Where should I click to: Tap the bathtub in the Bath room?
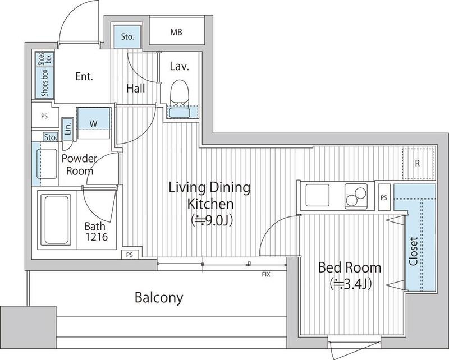pyautogui.click(x=56, y=220)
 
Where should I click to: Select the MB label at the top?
pyautogui.click(x=176, y=32)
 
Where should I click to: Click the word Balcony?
pyautogui.click(x=159, y=298)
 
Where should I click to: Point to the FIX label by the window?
pyautogui.click(x=266, y=275)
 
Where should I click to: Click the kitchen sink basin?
pyautogui.click(x=318, y=195)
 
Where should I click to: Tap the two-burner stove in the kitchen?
pyautogui.click(x=356, y=195)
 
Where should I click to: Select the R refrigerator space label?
pyautogui.click(x=417, y=163)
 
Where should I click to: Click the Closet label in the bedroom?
pyautogui.click(x=413, y=251)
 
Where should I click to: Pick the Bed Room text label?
pyautogui.click(x=350, y=267)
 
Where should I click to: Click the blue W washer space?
pyautogui.click(x=94, y=119)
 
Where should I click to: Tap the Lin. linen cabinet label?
pyautogui.click(x=68, y=128)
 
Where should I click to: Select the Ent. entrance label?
pyautogui.click(x=84, y=76)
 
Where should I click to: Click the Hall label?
pyautogui.click(x=135, y=88)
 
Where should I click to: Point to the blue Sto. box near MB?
pyautogui.click(x=127, y=36)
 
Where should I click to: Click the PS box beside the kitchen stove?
pyautogui.click(x=384, y=197)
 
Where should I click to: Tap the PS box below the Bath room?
pyautogui.click(x=130, y=255)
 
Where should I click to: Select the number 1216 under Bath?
pyautogui.click(x=97, y=237)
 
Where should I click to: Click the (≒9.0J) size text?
pyautogui.click(x=212, y=220)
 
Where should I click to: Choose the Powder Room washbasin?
pyautogui.click(x=47, y=164)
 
